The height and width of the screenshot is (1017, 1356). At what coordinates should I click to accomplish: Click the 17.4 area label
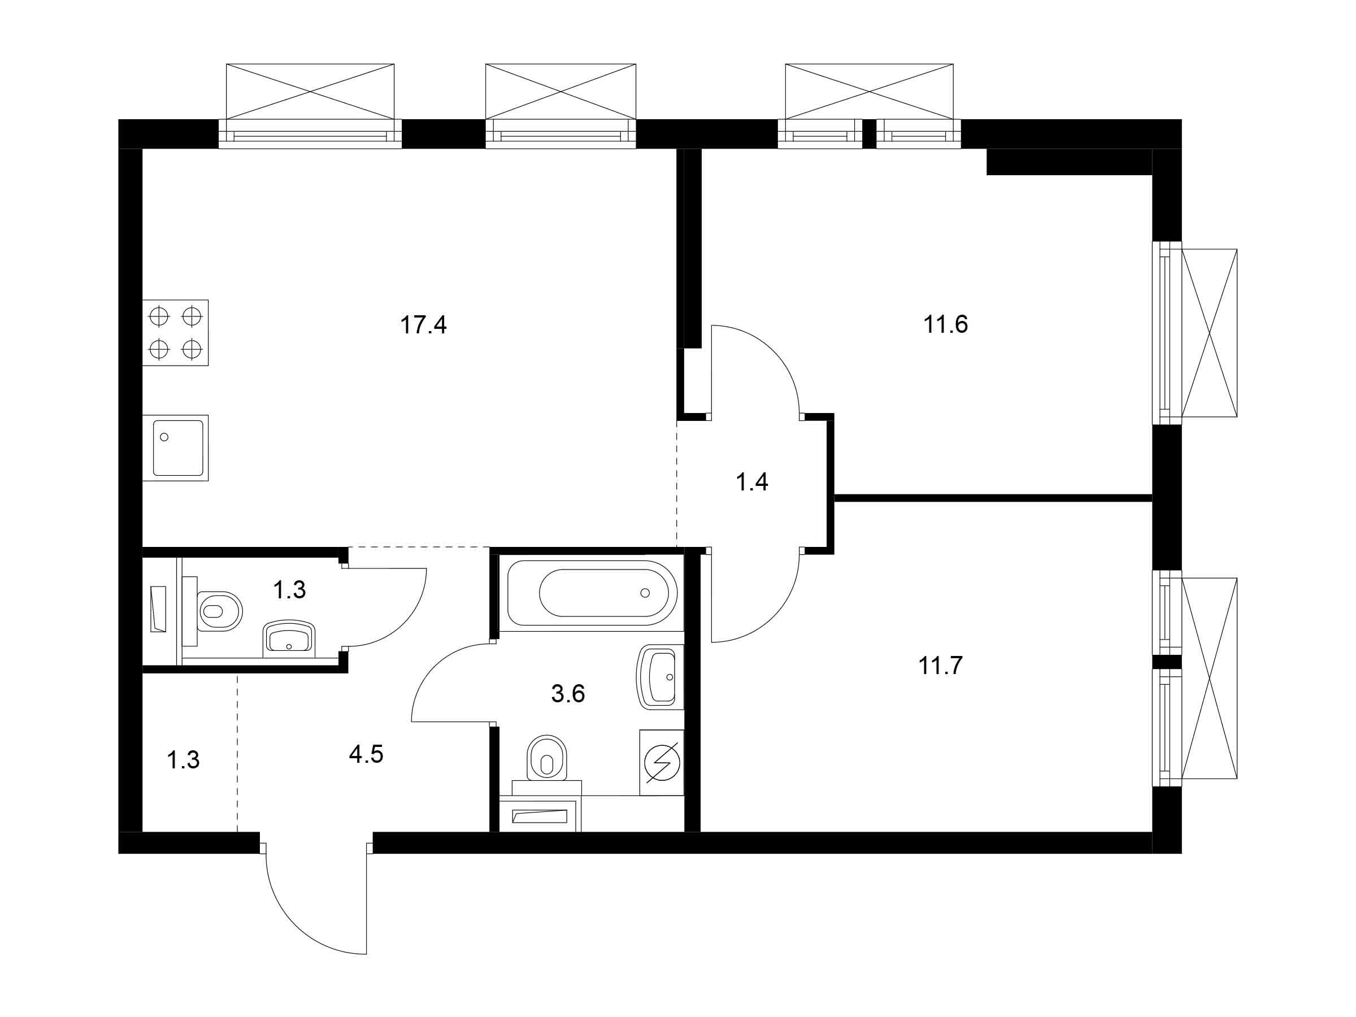(x=423, y=325)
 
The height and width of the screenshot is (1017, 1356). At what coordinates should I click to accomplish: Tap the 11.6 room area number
(x=945, y=324)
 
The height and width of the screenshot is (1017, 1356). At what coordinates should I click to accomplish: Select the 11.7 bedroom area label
(x=940, y=665)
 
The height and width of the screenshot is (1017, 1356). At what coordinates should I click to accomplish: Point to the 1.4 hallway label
(x=751, y=483)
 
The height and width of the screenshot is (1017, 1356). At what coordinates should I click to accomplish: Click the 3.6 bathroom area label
(x=568, y=694)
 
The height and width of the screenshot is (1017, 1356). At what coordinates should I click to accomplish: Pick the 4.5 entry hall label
(x=366, y=755)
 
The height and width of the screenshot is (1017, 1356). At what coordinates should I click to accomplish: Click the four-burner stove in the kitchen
(x=175, y=333)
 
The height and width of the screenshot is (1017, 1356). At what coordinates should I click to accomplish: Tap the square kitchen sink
(x=178, y=448)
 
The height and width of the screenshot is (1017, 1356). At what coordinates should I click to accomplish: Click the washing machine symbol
(x=662, y=763)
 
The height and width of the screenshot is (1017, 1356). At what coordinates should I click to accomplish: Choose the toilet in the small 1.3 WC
(x=218, y=611)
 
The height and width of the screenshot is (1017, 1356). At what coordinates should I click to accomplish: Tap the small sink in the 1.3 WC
(x=289, y=641)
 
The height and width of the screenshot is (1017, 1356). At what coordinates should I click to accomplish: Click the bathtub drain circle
(x=644, y=593)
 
